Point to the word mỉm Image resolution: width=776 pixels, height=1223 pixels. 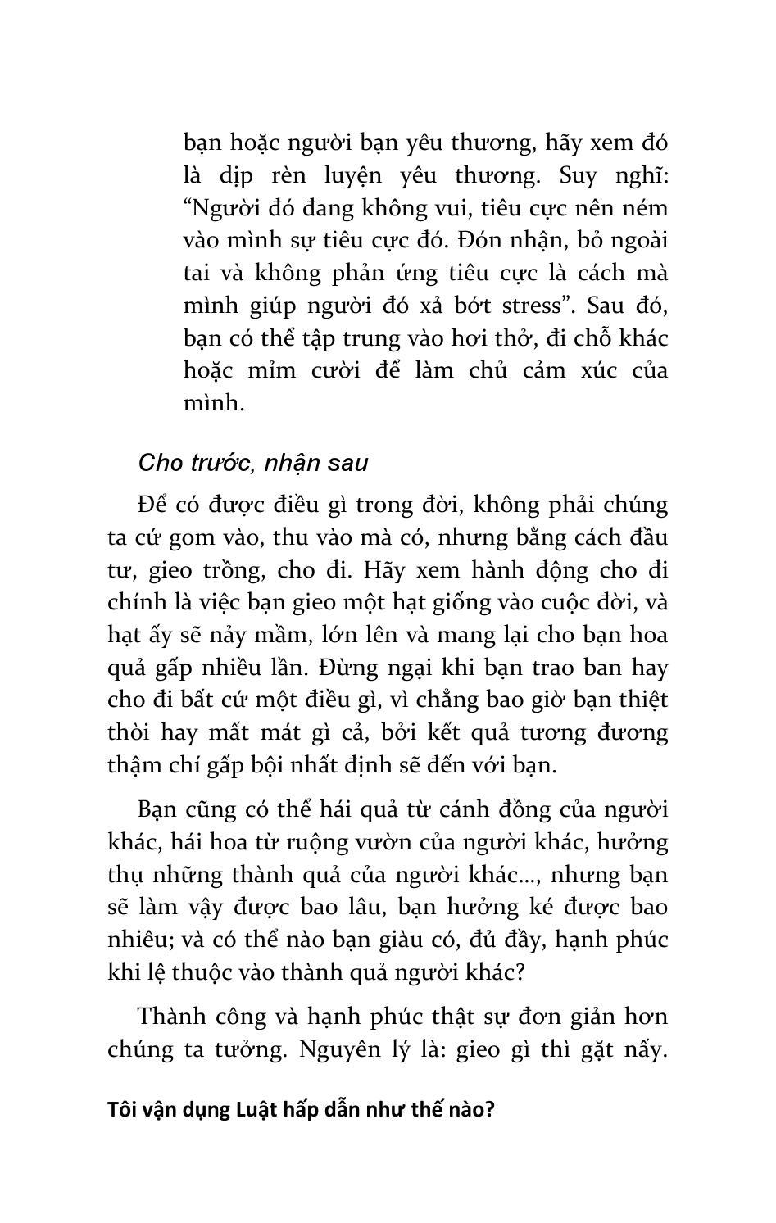pyautogui.click(x=270, y=370)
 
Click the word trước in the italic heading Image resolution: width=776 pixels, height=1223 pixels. pyautogui.click(x=220, y=463)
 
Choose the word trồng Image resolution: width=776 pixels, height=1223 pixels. pyautogui.click(x=227, y=570)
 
